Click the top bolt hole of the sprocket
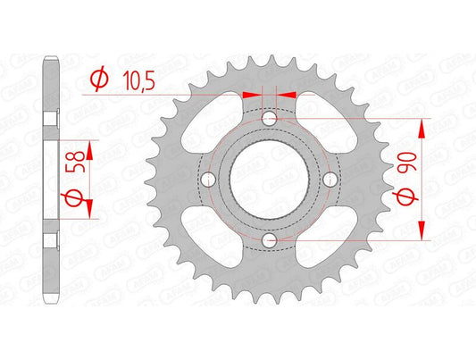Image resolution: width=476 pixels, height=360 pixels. pyautogui.click(x=271, y=119)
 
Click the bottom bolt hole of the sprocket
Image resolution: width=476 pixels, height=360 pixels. pyautogui.click(x=271, y=239)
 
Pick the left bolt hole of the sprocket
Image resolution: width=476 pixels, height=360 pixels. pyautogui.click(x=210, y=180)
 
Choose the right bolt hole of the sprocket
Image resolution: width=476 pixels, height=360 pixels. pyautogui.click(x=330, y=180)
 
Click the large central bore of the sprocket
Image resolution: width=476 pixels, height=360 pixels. pyautogui.click(x=271, y=180)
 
